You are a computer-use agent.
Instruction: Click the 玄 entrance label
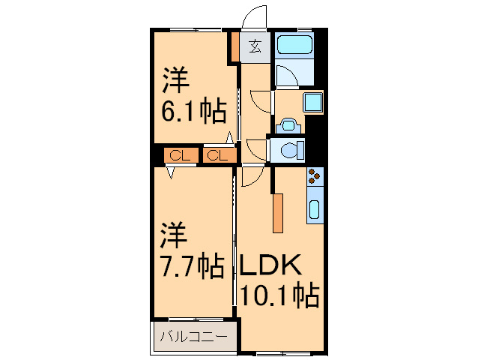point(255,46)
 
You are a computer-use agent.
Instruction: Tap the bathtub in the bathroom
point(294,45)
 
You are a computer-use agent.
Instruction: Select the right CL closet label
point(218,156)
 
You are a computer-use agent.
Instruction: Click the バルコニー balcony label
point(194,337)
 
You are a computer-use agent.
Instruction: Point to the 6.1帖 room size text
point(194,110)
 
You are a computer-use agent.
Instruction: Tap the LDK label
point(270,265)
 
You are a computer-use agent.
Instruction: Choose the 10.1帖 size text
point(279,295)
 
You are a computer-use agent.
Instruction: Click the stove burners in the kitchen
point(315,177)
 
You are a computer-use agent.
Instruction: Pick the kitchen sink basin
point(315,209)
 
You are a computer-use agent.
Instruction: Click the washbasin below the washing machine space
point(288,125)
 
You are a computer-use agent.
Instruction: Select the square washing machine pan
point(312,102)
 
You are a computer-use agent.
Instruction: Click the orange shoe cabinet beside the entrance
point(235,46)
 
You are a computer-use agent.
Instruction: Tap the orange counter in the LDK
point(278,213)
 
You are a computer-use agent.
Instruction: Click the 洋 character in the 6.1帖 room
point(175,80)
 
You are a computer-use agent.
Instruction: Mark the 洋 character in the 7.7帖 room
point(174,235)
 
